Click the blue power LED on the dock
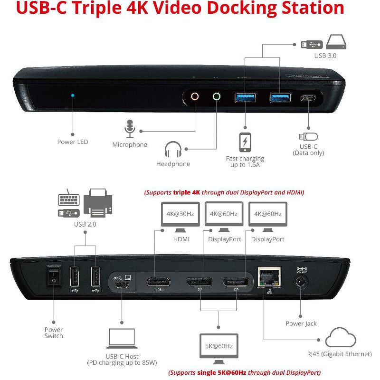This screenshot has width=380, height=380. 73,95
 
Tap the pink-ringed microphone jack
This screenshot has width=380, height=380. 195,96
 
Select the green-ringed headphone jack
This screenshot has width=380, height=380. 217,96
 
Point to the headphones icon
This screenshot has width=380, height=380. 173,150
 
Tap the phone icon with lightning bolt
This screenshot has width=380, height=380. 245,142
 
